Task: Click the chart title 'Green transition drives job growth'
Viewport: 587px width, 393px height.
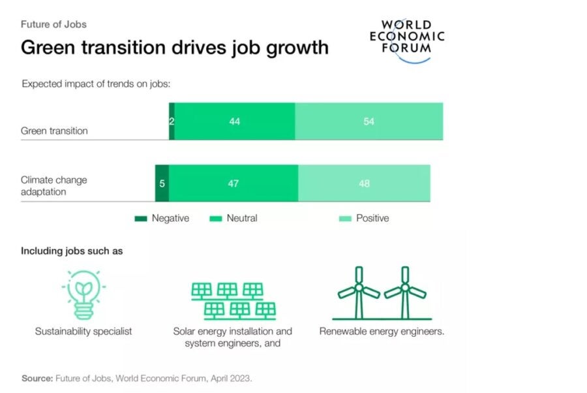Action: tap(174, 48)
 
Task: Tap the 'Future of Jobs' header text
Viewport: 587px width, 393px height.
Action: tap(53, 24)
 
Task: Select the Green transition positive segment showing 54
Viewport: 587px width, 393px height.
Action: tap(369, 121)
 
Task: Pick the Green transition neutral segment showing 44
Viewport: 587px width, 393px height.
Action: tap(235, 121)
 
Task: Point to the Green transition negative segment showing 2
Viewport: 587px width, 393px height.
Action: tap(172, 121)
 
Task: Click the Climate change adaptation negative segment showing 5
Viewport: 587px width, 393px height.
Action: tap(162, 183)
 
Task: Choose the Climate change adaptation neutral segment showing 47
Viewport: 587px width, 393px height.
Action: tap(233, 183)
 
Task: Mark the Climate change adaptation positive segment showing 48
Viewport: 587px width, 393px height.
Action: tap(364, 183)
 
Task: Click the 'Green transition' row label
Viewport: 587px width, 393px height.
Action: tap(54, 131)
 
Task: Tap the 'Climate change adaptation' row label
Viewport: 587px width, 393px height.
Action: tap(53, 186)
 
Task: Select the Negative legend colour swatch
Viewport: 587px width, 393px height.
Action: tap(142, 219)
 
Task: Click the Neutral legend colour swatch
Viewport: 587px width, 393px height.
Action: tap(215, 219)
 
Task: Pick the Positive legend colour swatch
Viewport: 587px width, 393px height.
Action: tap(345, 219)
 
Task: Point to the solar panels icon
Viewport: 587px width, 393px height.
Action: tap(233, 300)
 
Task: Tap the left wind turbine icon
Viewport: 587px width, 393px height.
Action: tap(357, 292)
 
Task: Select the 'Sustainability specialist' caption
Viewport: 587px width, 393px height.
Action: tap(83, 331)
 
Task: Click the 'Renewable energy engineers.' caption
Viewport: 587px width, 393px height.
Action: tap(382, 331)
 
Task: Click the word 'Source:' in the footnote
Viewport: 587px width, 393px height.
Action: tap(37, 378)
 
